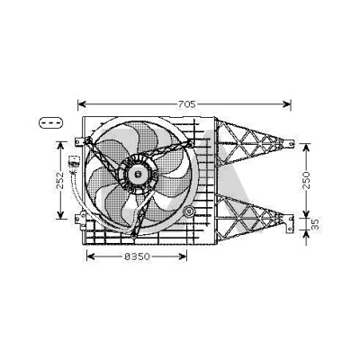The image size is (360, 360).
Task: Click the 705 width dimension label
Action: (187, 104)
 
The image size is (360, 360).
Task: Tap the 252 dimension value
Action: (60, 180)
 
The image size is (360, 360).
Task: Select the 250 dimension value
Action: (306, 180)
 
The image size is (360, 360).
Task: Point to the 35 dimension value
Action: (315, 224)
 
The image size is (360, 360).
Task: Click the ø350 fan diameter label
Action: (137, 256)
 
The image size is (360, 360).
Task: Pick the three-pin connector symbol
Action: (51, 123)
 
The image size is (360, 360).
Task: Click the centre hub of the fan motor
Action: (139, 174)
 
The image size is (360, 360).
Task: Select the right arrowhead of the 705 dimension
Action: (287, 104)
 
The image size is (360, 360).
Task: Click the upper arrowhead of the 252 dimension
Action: (60, 146)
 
